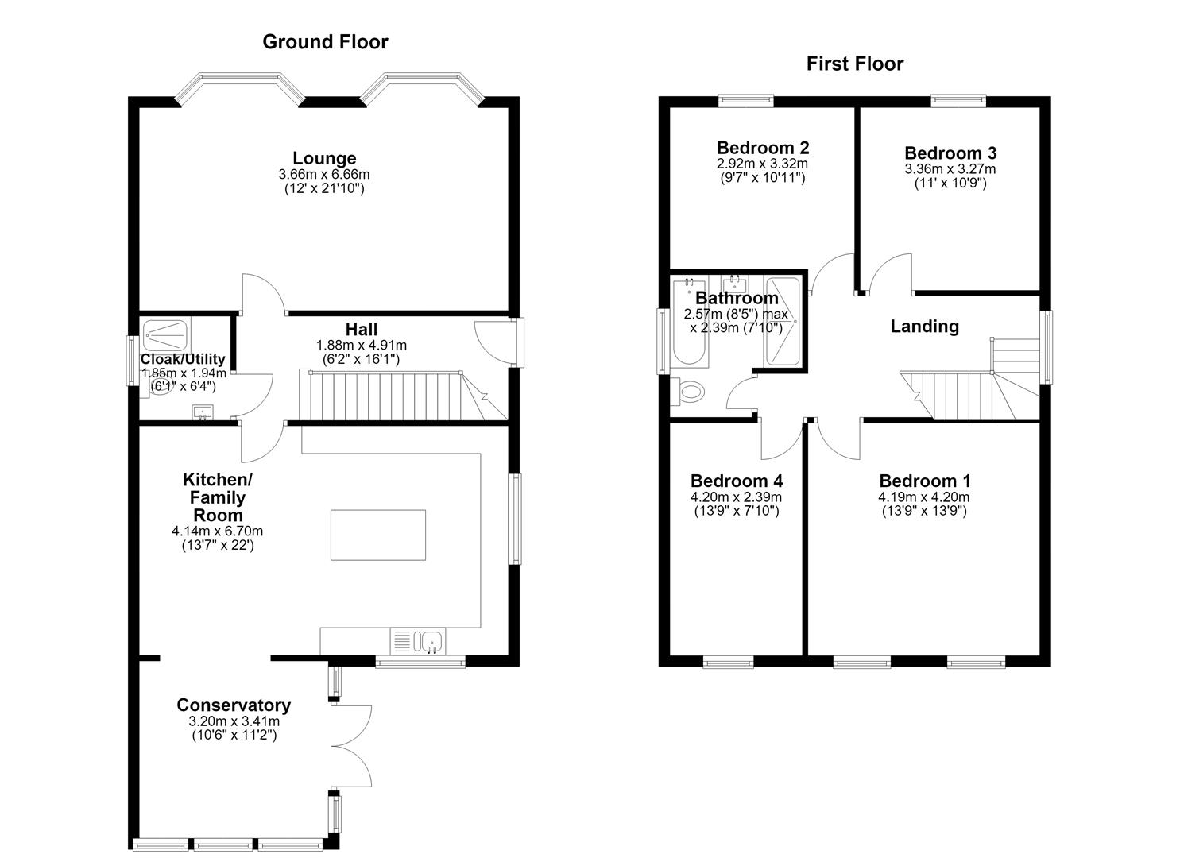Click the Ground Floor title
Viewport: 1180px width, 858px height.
325,42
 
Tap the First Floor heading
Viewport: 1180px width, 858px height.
854,64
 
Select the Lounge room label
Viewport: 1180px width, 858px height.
324,158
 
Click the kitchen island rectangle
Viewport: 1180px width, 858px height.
377,535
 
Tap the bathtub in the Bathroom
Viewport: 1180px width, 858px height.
690,323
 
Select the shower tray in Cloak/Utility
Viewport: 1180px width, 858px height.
166,334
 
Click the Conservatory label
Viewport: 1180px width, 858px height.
234,705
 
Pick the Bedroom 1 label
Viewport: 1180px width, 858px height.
924,481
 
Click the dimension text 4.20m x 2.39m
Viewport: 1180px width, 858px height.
736,497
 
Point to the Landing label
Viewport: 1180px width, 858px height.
924,327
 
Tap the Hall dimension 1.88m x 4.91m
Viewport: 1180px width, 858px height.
361,346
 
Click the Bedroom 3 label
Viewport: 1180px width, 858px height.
950,153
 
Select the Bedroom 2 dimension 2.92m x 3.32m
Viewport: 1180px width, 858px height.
762,164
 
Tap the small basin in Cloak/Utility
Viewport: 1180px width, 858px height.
202,412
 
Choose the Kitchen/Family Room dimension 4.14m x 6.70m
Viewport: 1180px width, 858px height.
217,531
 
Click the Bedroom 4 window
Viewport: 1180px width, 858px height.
728,662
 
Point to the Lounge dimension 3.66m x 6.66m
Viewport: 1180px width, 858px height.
324,174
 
